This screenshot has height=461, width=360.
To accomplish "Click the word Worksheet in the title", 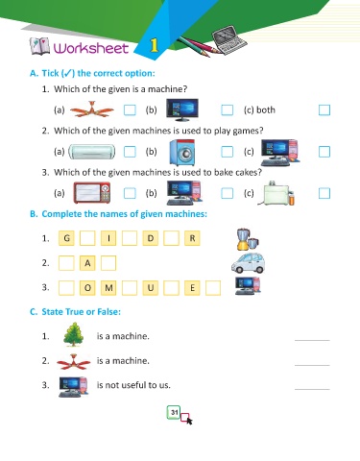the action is [91, 48].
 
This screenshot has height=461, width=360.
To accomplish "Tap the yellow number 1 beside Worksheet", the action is [155, 45].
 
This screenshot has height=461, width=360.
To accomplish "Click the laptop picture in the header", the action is [229, 39].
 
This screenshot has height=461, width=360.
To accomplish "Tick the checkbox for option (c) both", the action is [324, 110].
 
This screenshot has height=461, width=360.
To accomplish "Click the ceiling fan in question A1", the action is [91, 109].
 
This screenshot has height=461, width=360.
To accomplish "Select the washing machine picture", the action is [181, 153].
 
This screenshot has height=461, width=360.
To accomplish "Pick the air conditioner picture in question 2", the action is [92, 152].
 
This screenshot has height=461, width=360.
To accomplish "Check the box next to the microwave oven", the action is [130, 193].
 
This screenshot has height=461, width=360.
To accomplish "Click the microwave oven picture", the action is [92, 193].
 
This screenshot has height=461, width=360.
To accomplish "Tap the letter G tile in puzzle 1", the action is [66, 238].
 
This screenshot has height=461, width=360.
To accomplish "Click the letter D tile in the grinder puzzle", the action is [151, 238].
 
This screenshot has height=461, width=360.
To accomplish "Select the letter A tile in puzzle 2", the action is [87, 263].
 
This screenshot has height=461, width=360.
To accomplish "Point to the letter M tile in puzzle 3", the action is [108, 287].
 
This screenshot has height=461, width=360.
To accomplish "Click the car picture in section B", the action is [248, 262].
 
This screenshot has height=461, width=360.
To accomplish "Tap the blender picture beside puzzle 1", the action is [248, 239].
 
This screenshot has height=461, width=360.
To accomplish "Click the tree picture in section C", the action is [74, 334].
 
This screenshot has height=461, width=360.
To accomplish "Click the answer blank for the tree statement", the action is [312, 340].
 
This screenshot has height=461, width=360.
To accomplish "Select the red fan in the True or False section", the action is [74, 362].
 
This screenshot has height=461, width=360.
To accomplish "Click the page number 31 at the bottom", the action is [174, 412].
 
